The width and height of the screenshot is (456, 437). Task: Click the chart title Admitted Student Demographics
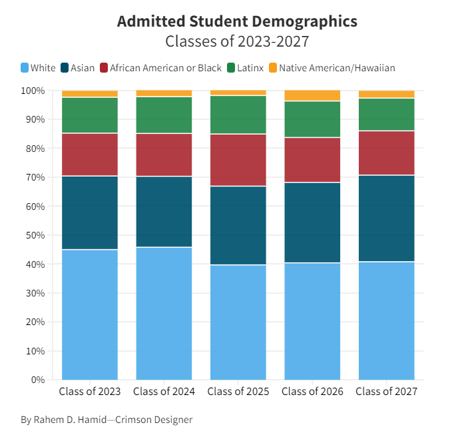pos(237,21)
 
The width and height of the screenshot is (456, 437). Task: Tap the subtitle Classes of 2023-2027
pos(237,41)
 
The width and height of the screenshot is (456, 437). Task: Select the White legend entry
pos(39,68)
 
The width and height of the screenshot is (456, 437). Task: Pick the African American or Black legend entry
pos(160,68)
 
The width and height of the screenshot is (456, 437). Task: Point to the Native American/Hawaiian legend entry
pos(332,68)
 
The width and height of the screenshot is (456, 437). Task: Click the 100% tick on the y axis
pos(33,91)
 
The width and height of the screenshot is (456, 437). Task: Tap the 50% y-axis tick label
pos(35,235)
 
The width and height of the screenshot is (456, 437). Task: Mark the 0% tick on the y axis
pos(37,380)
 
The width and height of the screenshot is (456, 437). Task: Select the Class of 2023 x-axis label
pos(90,392)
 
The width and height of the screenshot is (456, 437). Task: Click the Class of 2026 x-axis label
pos(312,392)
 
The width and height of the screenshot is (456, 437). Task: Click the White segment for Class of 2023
pos(90,314)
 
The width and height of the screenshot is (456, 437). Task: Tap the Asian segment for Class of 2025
pos(238,225)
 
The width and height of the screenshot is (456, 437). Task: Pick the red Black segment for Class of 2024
pos(164,155)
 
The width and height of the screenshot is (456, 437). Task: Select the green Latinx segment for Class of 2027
pos(387,114)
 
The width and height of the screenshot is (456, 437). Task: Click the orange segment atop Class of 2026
pos(312,95)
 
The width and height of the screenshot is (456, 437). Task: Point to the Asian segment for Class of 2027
pos(387,218)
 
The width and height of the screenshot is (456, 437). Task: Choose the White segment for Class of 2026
pos(312,321)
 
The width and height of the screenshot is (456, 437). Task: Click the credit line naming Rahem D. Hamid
pos(107,420)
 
